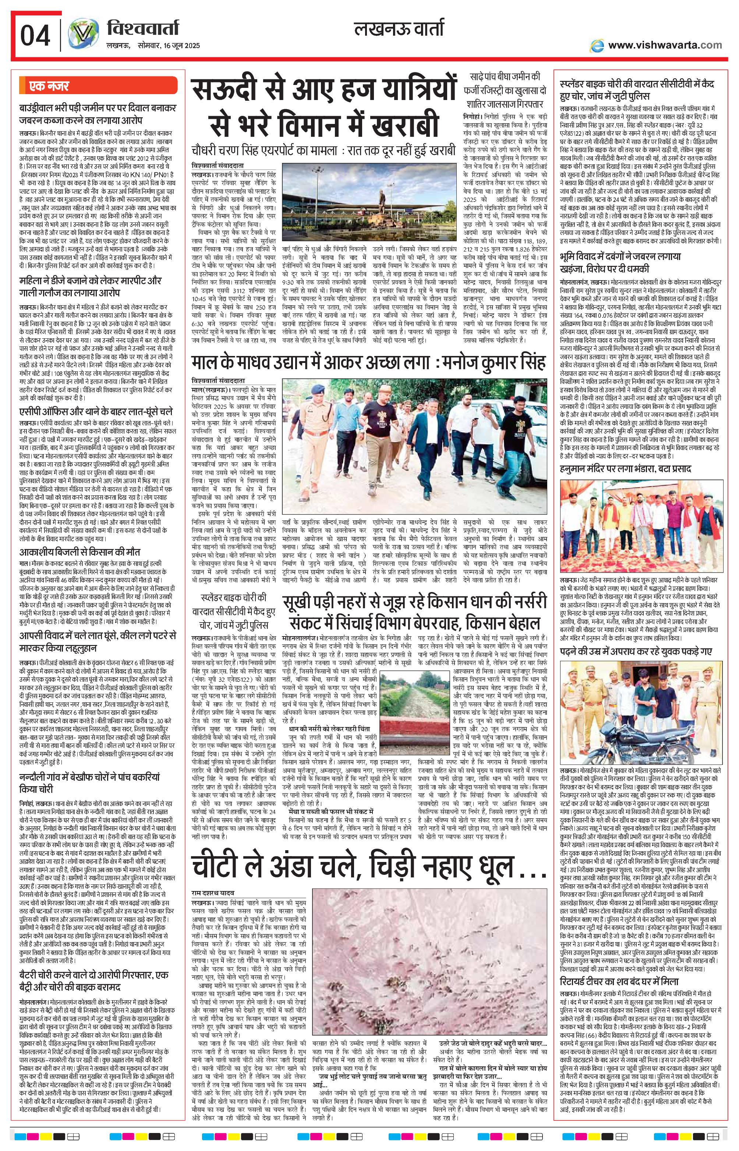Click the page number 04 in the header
click(x=35, y=35)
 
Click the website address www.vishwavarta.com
click(x=664, y=46)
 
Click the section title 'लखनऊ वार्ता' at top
click(x=398, y=29)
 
